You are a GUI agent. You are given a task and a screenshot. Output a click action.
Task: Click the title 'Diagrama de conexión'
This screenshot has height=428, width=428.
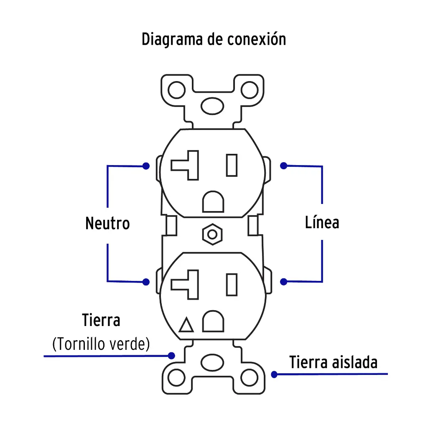tap(214, 39)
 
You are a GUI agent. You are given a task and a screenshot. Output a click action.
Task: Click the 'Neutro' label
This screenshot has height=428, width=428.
tap(107, 223)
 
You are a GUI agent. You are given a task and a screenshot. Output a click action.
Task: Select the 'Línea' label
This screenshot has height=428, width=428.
tap(322, 222)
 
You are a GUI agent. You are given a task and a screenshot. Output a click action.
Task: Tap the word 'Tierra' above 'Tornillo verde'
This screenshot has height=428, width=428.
tap(101, 321)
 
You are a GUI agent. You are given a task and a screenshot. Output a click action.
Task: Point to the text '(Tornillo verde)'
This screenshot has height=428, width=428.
tap(101, 344)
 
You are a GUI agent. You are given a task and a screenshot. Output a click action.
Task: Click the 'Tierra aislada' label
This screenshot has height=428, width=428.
tap(333, 362)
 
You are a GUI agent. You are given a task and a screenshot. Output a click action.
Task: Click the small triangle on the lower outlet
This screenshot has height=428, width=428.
tap(186, 325)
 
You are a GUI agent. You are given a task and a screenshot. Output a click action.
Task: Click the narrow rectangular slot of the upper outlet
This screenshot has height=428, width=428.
tap(232, 165)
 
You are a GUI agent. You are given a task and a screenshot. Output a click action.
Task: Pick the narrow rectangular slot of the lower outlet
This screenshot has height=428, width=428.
tap(232, 285)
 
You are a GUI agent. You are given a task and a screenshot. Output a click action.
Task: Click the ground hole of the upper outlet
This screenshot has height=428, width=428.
tap(213, 202)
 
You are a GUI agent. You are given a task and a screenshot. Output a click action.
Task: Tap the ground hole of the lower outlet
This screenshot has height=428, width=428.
tap(213, 321)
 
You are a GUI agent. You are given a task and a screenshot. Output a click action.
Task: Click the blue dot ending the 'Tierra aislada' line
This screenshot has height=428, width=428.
tap(274, 374)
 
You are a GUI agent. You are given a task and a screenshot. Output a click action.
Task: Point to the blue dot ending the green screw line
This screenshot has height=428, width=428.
tap(171, 356)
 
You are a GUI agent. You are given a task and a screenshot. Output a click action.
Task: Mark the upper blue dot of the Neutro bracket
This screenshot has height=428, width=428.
tap(146, 166)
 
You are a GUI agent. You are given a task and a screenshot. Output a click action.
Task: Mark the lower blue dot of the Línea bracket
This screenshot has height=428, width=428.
tap(284, 282)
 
